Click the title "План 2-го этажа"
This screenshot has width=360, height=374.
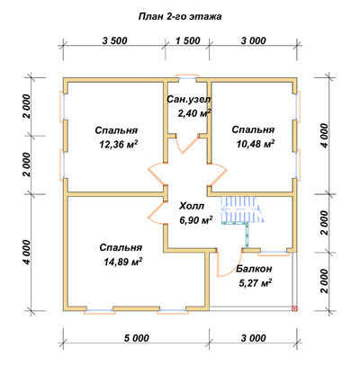pos(180,16)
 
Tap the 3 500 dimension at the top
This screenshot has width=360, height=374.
pos(115,40)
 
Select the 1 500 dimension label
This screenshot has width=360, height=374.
pos(187,40)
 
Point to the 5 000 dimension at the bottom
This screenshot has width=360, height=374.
pos(137,338)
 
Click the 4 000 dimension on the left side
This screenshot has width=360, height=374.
pos(27,253)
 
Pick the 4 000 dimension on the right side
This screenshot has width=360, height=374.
pos(324,136)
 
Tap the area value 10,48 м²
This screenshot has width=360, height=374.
pos(256,144)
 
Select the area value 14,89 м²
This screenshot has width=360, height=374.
pos(122,262)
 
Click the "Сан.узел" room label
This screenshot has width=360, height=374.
pos(189,99)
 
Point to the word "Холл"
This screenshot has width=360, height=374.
pos(192,206)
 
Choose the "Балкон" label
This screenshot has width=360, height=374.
pos(254,269)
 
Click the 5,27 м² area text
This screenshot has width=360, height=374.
pos(256,282)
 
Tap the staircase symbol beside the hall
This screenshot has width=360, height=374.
pos(242,209)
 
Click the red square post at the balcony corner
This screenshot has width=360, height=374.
pos(294,308)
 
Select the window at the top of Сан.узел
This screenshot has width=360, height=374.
pos(187,77)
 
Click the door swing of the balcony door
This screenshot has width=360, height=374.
pos(229,263)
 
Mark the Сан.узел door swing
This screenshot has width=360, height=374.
pos(187,143)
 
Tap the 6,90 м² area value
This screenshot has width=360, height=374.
pos(196,220)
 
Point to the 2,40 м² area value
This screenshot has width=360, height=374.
pos(194,113)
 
